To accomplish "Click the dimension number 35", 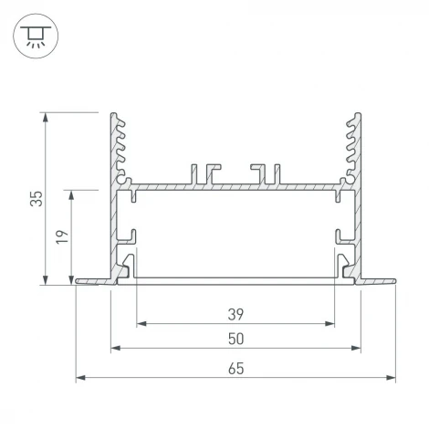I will [x=35, y=198].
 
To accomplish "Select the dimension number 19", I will [x=60, y=238].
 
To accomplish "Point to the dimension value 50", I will [x=235, y=339].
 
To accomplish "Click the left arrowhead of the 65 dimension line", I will [x=79, y=377].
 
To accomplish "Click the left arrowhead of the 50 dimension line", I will [x=114, y=348].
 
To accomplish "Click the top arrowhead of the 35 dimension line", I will [x=45, y=116].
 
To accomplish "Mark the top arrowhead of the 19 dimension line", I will [x=71, y=194].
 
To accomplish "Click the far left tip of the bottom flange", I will [x=77, y=281].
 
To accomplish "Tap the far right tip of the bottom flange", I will [x=393, y=281].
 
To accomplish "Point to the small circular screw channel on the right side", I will [x=345, y=181].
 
